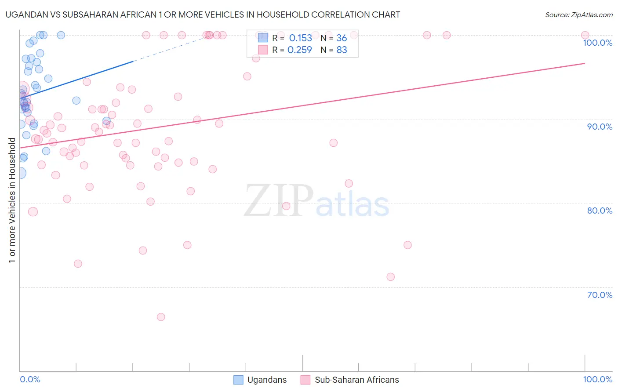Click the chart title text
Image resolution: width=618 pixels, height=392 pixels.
[x=203, y=15]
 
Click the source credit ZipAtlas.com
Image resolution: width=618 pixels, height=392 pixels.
[x=578, y=15]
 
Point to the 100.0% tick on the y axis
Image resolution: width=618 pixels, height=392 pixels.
[x=597, y=43]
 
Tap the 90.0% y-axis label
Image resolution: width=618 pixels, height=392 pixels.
[x=600, y=127]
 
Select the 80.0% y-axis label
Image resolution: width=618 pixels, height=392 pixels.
[x=600, y=211]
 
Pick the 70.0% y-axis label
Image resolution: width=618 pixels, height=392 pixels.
[x=600, y=295]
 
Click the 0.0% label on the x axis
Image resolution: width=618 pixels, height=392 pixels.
[x=30, y=379]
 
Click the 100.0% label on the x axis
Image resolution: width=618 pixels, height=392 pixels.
[x=597, y=379]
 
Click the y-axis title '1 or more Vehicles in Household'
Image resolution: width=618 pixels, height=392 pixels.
[x=12, y=200]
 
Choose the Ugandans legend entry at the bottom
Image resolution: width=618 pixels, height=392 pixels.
[x=267, y=380]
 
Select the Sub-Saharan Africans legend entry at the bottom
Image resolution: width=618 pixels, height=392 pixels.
[x=356, y=380]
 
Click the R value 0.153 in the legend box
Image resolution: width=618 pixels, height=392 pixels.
[x=300, y=38]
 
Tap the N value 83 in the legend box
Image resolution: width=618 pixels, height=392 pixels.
[x=342, y=50]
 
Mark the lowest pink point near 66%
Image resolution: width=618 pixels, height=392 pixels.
[x=161, y=317]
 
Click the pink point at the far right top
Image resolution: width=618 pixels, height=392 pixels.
[x=585, y=35]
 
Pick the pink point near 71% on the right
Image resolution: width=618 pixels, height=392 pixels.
[x=390, y=277]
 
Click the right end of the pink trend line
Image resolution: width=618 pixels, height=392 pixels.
[x=585, y=63]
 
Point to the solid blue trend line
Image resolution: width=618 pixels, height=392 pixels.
[x=79, y=79]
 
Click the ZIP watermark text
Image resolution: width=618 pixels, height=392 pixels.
[x=279, y=201]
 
